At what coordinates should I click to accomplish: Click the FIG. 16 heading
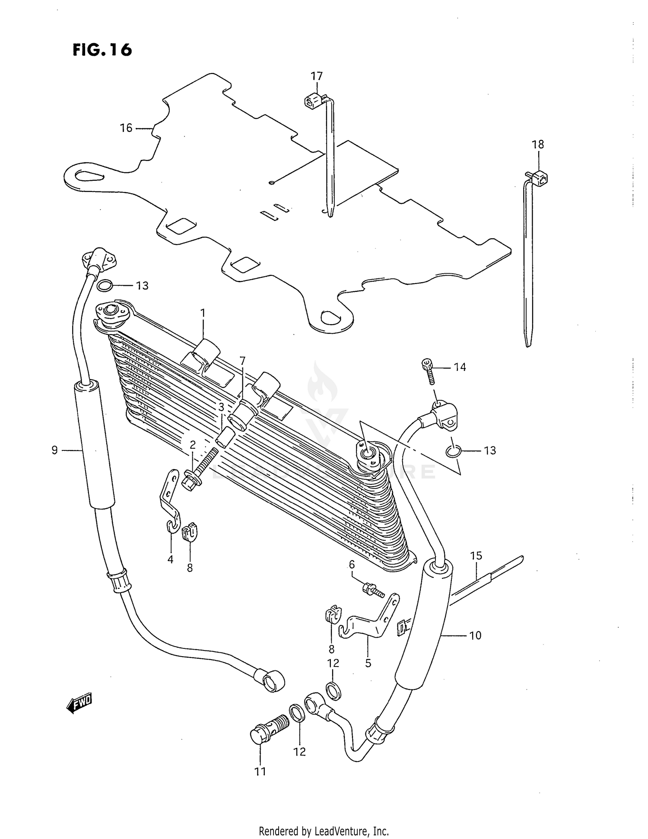coord(102,50)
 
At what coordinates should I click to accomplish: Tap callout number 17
coord(317,77)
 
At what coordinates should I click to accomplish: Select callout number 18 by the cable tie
coord(538,144)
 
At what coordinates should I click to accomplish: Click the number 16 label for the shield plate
coord(126,128)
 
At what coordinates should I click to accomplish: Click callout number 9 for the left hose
coord(54,450)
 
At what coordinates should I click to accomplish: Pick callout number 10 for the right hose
coord(475,635)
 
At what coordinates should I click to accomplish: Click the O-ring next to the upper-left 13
coord(105,285)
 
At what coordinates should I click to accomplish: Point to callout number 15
coord(476,556)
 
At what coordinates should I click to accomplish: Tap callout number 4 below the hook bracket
coord(170,559)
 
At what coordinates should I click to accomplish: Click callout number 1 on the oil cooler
coord(203,313)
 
